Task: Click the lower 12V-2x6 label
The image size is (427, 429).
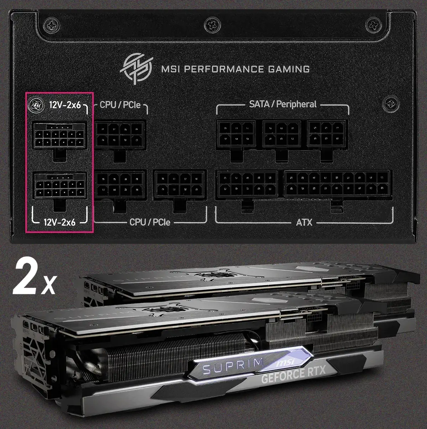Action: (x=60, y=222)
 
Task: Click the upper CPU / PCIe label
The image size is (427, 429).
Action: (x=120, y=105)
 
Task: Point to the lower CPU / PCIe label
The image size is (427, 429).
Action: (x=150, y=222)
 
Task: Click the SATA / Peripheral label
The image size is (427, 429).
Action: (x=283, y=104)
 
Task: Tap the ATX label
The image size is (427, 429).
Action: (x=304, y=223)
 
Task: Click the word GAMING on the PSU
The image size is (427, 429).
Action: (x=289, y=69)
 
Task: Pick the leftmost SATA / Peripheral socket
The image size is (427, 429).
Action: (x=236, y=134)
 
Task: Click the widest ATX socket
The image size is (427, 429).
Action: (x=336, y=184)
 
